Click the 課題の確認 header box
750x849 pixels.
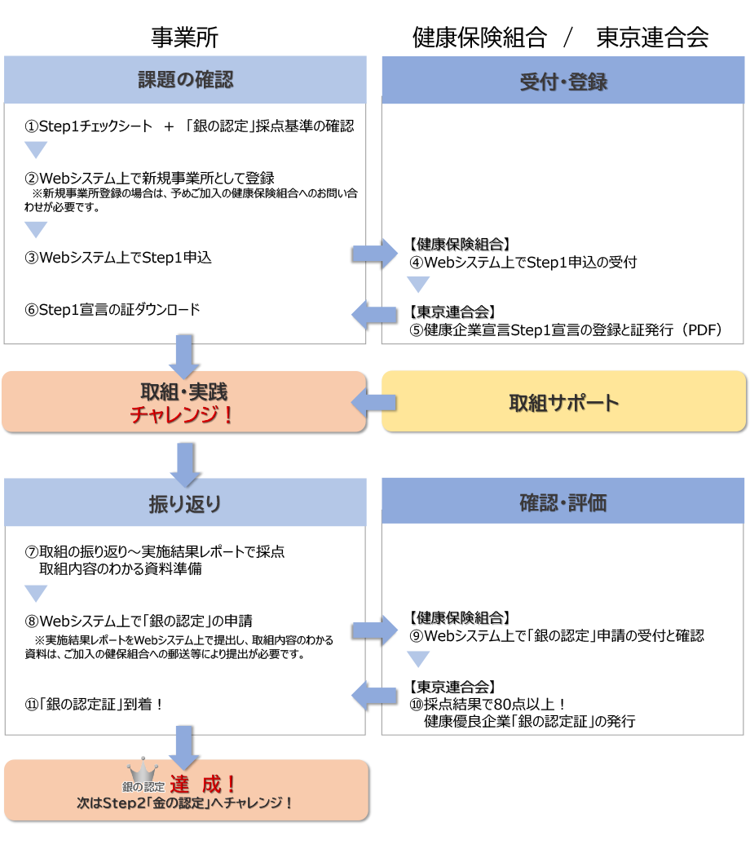(x=185, y=79)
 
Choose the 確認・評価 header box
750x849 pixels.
(x=563, y=502)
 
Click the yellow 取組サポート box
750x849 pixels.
(x=563, y=402)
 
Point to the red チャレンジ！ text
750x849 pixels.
(x=183, y=414)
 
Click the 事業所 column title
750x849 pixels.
(x=185, y=38)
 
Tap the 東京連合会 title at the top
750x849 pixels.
(x=652, y=38)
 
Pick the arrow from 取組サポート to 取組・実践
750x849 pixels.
(x=373, y=401)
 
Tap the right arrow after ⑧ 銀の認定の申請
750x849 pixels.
(x=373, y=630)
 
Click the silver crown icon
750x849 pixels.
(x=143, y=771)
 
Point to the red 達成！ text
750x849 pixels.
(x=204, y=785)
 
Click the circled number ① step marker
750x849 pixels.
(x=32, y=126)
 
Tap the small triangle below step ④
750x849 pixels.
(x=418, y=284)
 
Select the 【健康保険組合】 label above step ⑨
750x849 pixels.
(x=459, y=617)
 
